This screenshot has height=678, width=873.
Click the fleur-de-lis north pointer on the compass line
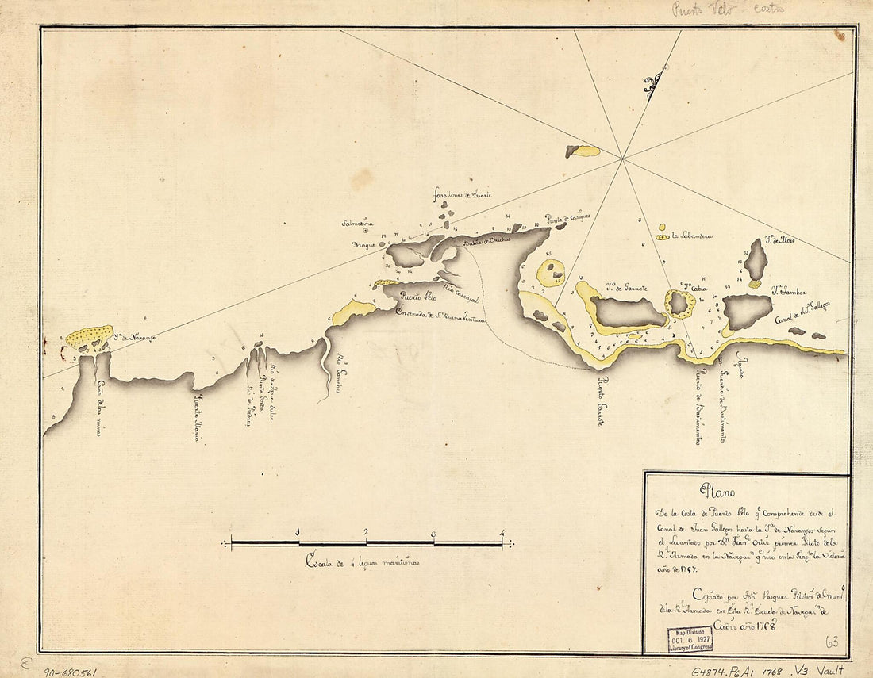(x=654, y=84)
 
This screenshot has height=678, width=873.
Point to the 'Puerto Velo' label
(x=418, y=298)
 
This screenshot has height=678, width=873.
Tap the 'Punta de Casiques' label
(x=567, y=217)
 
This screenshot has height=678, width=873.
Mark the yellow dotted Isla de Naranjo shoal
(x=89, y=338)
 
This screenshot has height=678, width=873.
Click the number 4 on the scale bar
(x=502, y=533)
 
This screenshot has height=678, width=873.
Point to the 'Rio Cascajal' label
(x=460, y=292)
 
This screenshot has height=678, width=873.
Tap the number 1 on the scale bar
(x=298, y=533)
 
